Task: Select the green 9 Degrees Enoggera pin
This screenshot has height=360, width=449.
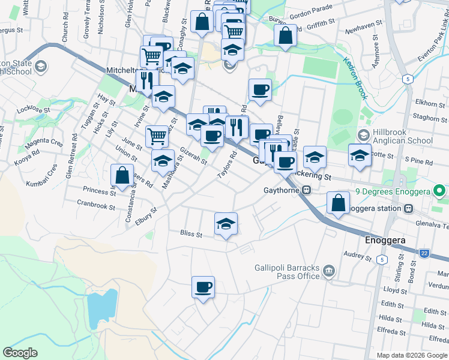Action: [439, 192]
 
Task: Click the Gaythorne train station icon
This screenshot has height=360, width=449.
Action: [306, 191]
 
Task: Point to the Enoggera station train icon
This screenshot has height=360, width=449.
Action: [408, 208]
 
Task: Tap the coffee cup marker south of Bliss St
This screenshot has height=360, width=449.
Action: [203, 287]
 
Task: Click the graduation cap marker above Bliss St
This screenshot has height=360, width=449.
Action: [226, 224]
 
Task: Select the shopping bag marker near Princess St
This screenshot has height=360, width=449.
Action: [122, 175]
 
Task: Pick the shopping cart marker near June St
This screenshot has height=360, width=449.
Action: [157, 136]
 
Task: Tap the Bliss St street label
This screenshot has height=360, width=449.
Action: [191, 233]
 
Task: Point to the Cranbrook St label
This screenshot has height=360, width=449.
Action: [95, 205]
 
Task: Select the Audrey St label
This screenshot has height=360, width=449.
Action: [358, 255]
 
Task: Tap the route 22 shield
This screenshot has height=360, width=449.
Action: [424, 254]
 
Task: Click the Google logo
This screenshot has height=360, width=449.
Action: [20, 353]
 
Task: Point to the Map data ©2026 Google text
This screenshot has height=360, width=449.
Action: [412, 355]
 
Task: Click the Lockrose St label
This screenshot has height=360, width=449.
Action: [32, 109]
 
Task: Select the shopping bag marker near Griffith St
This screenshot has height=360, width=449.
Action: [285, 35]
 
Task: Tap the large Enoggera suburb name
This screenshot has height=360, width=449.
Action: [385, 240]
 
